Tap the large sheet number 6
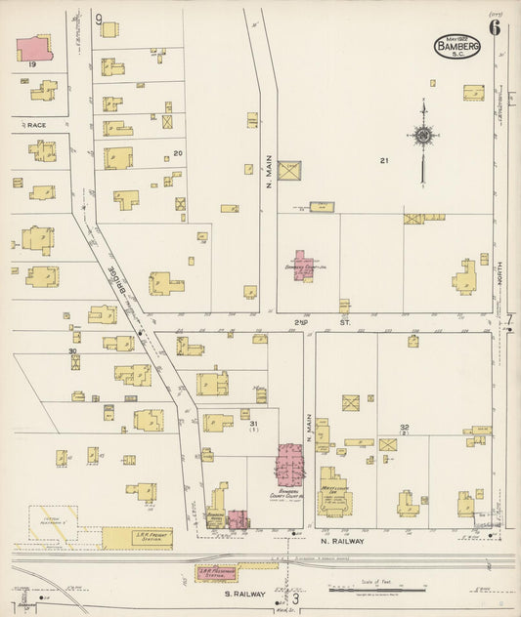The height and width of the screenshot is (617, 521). pos(495,27)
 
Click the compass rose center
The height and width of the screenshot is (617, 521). pos(423,137)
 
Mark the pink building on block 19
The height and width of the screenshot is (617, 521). pos(35,48)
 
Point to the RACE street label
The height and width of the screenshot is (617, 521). pos(37,126)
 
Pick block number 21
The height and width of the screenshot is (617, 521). pos(385,160)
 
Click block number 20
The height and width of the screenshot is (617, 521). pos(177,152)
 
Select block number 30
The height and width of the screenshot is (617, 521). pos(72,351)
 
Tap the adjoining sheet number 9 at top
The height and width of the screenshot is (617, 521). pos(100,19)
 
